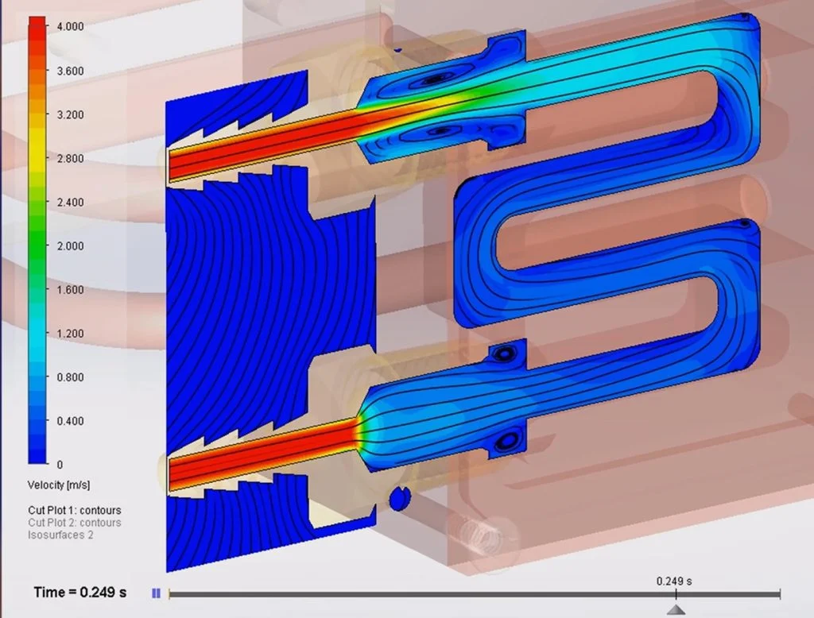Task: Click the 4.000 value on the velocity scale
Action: point(68,26)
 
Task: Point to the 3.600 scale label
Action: point(68,71)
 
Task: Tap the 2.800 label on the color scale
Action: point(68,158)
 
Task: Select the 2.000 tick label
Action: point(68,245)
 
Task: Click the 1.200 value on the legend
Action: point(68,333)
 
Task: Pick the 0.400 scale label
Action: point(68,420)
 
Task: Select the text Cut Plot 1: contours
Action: point(74,510)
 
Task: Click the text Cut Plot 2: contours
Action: point(74,523)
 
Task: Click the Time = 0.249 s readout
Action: point(79,593)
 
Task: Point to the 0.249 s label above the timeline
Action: point(674,581)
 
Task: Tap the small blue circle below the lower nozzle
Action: point(399,498)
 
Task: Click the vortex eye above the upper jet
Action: point(434,79)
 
